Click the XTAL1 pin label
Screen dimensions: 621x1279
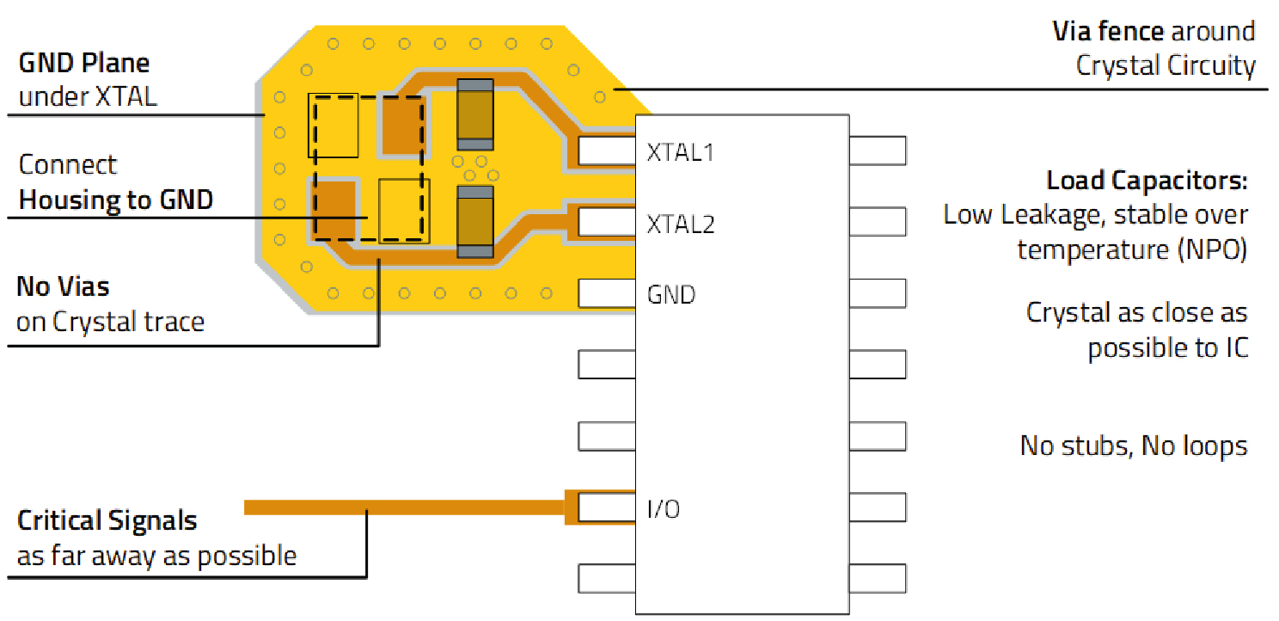pyautogui.click(x=681, y=152)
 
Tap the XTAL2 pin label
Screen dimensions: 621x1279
pyautogui.click(x=681, y=224)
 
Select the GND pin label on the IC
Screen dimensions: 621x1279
pyautogui.click(x=670, y=295)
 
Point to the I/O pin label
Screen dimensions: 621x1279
pyautogui.click(x=664, y=509)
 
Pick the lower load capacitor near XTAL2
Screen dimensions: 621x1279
pyautogui.click(x=475, y=222)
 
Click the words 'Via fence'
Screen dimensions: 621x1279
pyautogui.click(x=1108, y=32)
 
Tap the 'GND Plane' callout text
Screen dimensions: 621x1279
pyautogui.click(x=84, y=63)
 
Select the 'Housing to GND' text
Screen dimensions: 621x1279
pyautogui.click(x=116, y=200)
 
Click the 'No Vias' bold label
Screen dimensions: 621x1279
pyautogui.click(x=63, y=286)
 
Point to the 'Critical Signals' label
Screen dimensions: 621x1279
pyautogui.click(x=107, y=520)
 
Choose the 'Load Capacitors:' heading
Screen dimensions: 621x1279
pyautogui.click(x=1147, y=181)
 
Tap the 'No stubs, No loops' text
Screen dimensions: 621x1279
pyautogui.click(x=1134, y=446)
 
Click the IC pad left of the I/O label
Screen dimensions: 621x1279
pyautogui.click(x=606, y=508)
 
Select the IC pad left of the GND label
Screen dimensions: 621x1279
pyautogui.click(x=606, y=293)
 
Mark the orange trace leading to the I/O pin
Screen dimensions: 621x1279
pyautogui.click(x=404, y=507)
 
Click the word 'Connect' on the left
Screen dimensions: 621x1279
pyautogui.click(x=68, y=164)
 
